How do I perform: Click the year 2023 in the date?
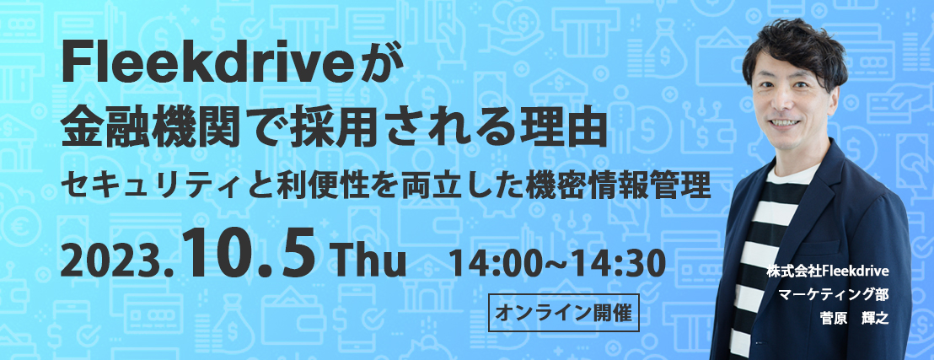pos(112,263)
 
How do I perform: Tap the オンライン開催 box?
pos(563,312)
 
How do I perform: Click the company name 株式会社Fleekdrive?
pos(829,271)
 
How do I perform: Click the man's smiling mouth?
pos(786,121)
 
